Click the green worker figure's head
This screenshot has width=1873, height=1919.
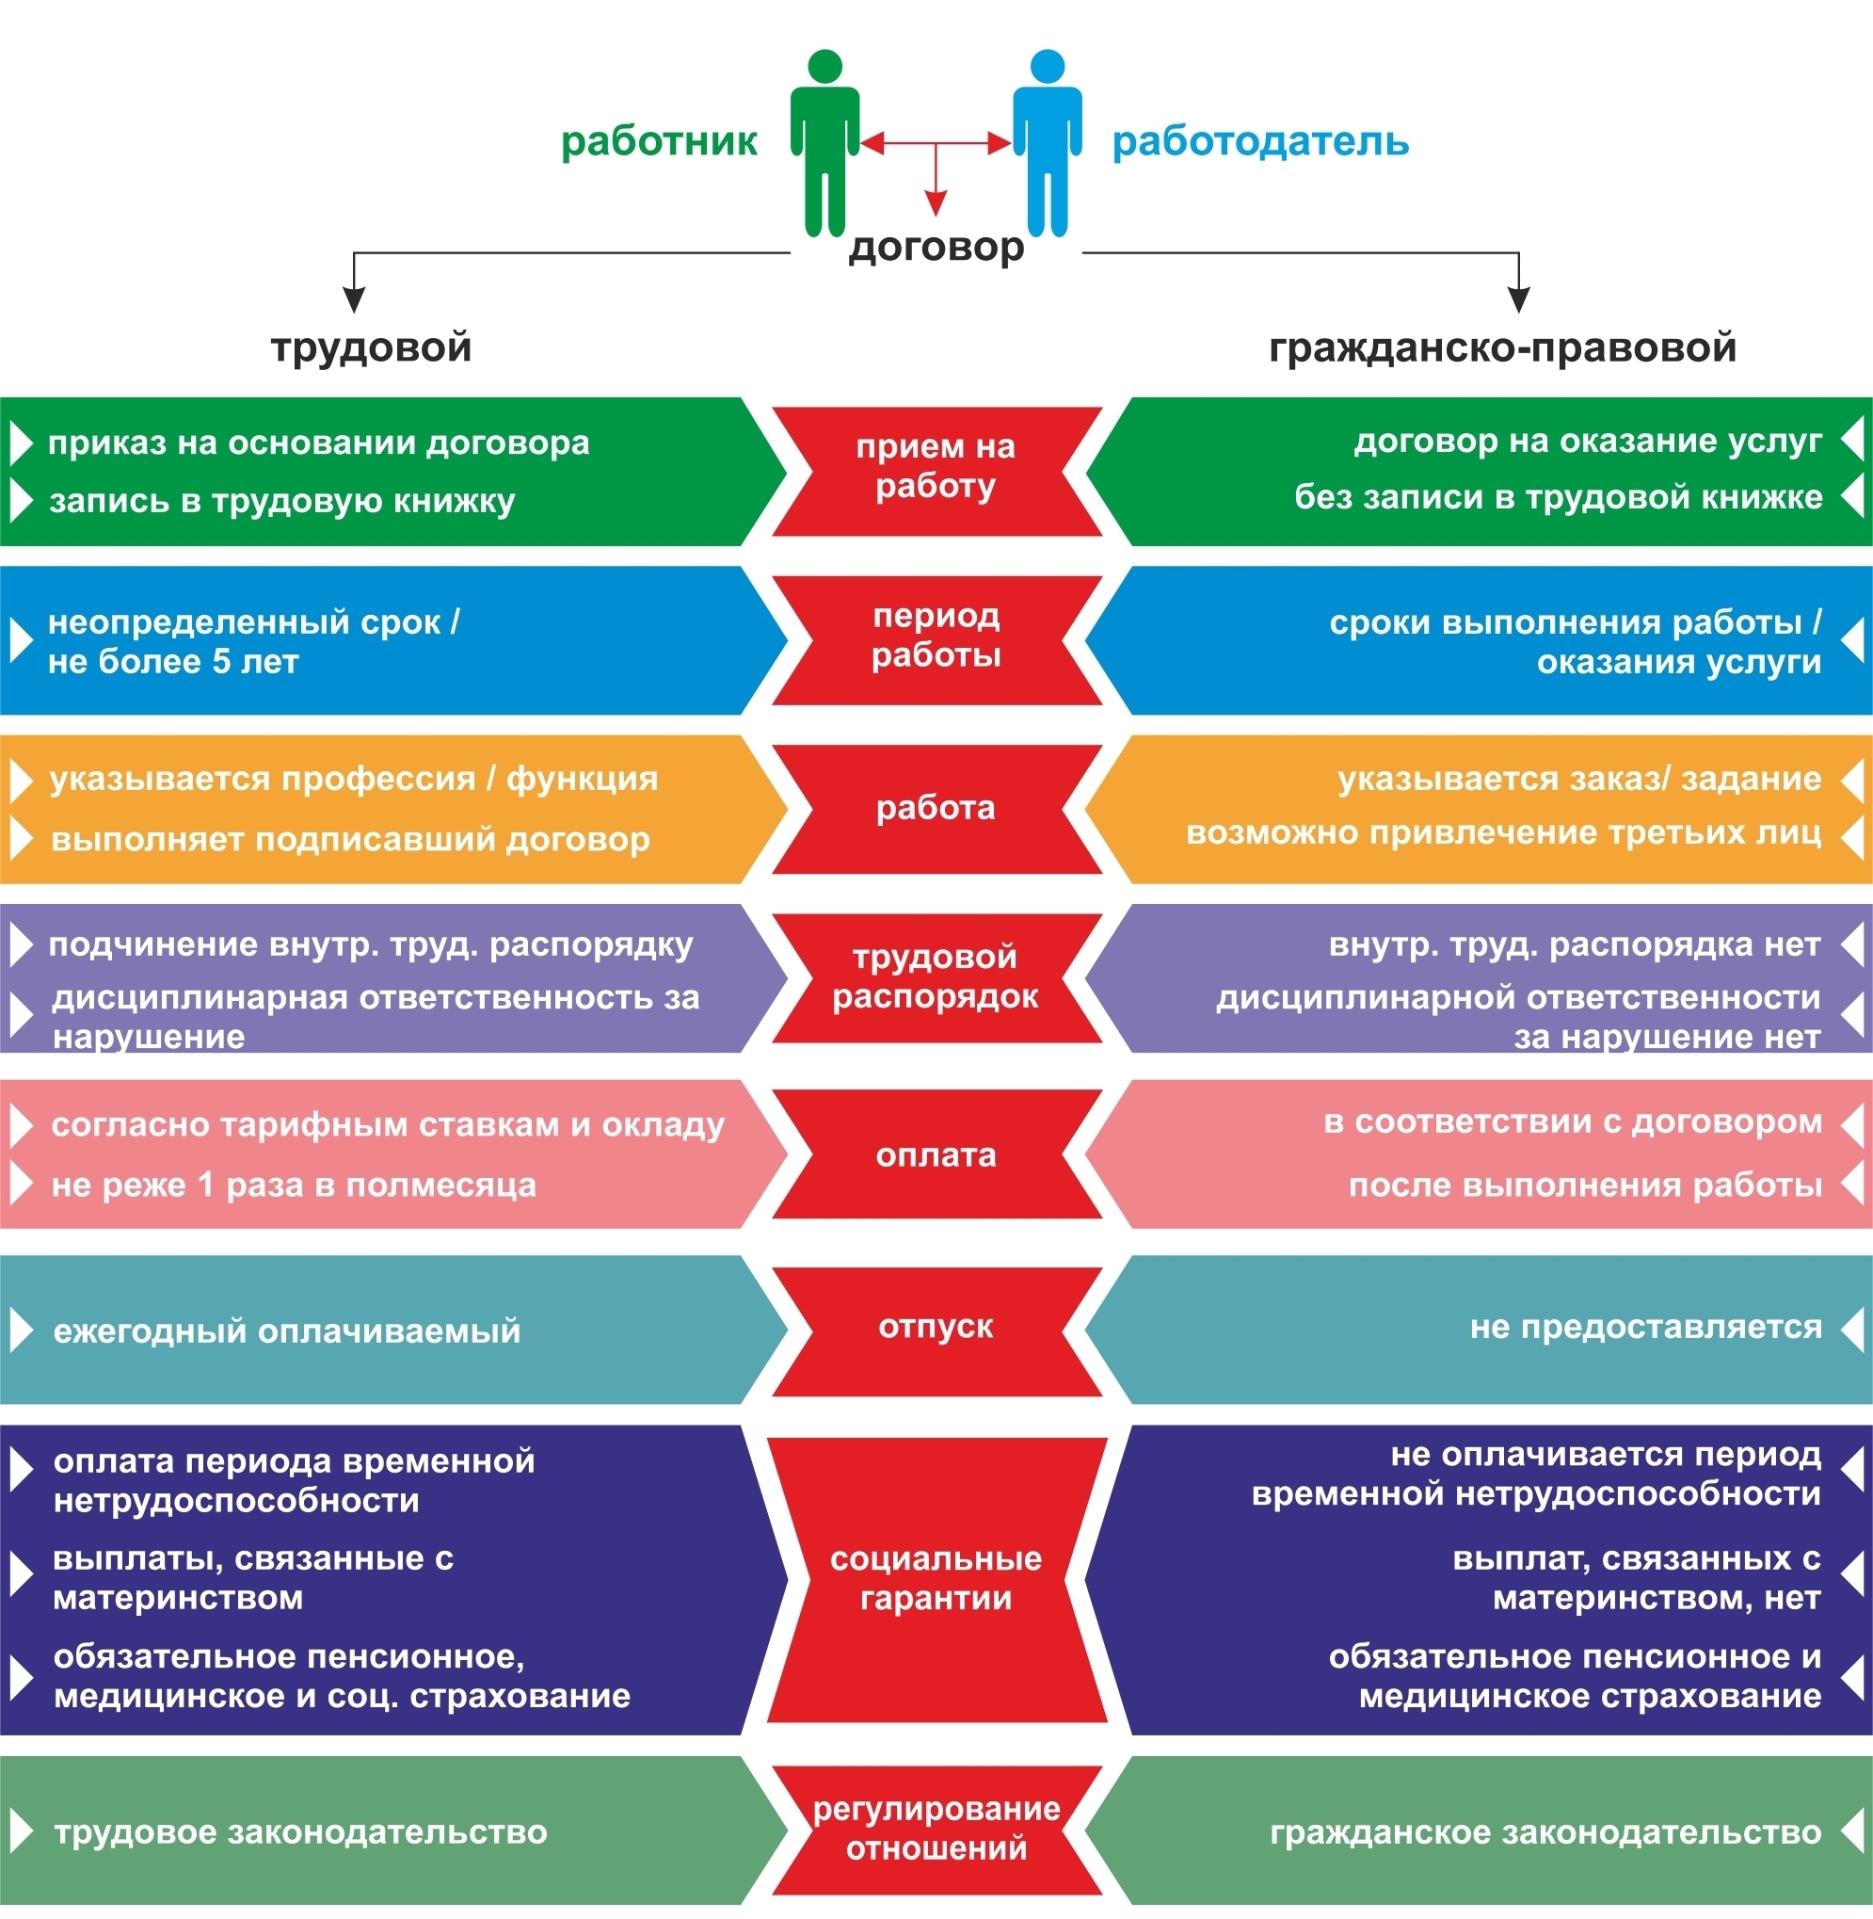(824, 66)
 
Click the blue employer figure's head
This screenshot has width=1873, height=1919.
(1048, 66)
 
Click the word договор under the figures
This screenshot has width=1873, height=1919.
(936, 248)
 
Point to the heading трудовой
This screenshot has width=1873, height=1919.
(371, 348)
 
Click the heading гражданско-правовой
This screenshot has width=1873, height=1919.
(1502, 348)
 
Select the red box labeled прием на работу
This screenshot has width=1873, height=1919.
(936, 472)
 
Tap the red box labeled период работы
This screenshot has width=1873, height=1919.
(936, 640)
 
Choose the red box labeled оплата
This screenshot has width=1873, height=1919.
(936, 1154)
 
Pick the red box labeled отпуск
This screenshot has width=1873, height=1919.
(936, 1330)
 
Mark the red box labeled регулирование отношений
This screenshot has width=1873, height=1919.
(936, 1831)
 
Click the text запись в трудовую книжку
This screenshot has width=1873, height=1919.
(282, 502)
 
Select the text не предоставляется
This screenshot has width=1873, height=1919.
(1646, 1328)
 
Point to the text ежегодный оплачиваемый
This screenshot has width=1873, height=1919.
(286, 1331)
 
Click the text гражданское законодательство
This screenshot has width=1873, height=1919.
(1545, 1832)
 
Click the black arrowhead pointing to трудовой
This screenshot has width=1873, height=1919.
(354, 300)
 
